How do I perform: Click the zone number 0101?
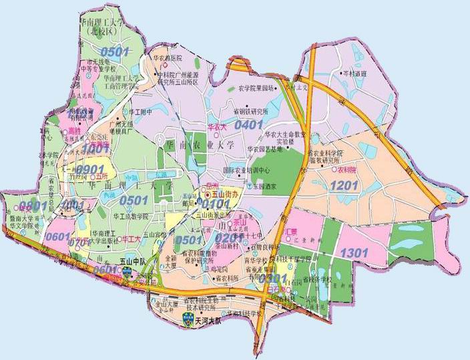click(x=215, y=203)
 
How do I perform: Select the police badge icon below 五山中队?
click(x=128, y=273)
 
